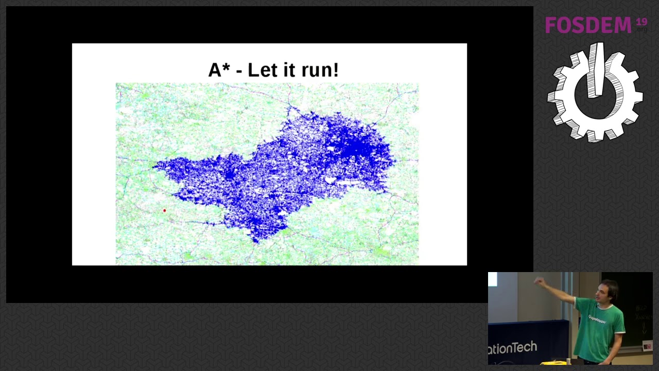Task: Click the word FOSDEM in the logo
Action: [588, 25]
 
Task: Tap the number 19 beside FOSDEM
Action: [641, 22]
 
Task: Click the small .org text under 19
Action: [642, 30]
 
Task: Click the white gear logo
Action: [595, 93]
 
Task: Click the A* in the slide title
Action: [218, 70]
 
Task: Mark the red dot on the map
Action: [164, 210]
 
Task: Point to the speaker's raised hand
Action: [539, 281]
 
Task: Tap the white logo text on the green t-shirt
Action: [597, 318]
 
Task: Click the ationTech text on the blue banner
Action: [512, 348]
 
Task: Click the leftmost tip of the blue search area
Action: [153, 165]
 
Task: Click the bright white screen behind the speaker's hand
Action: [493, 279]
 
